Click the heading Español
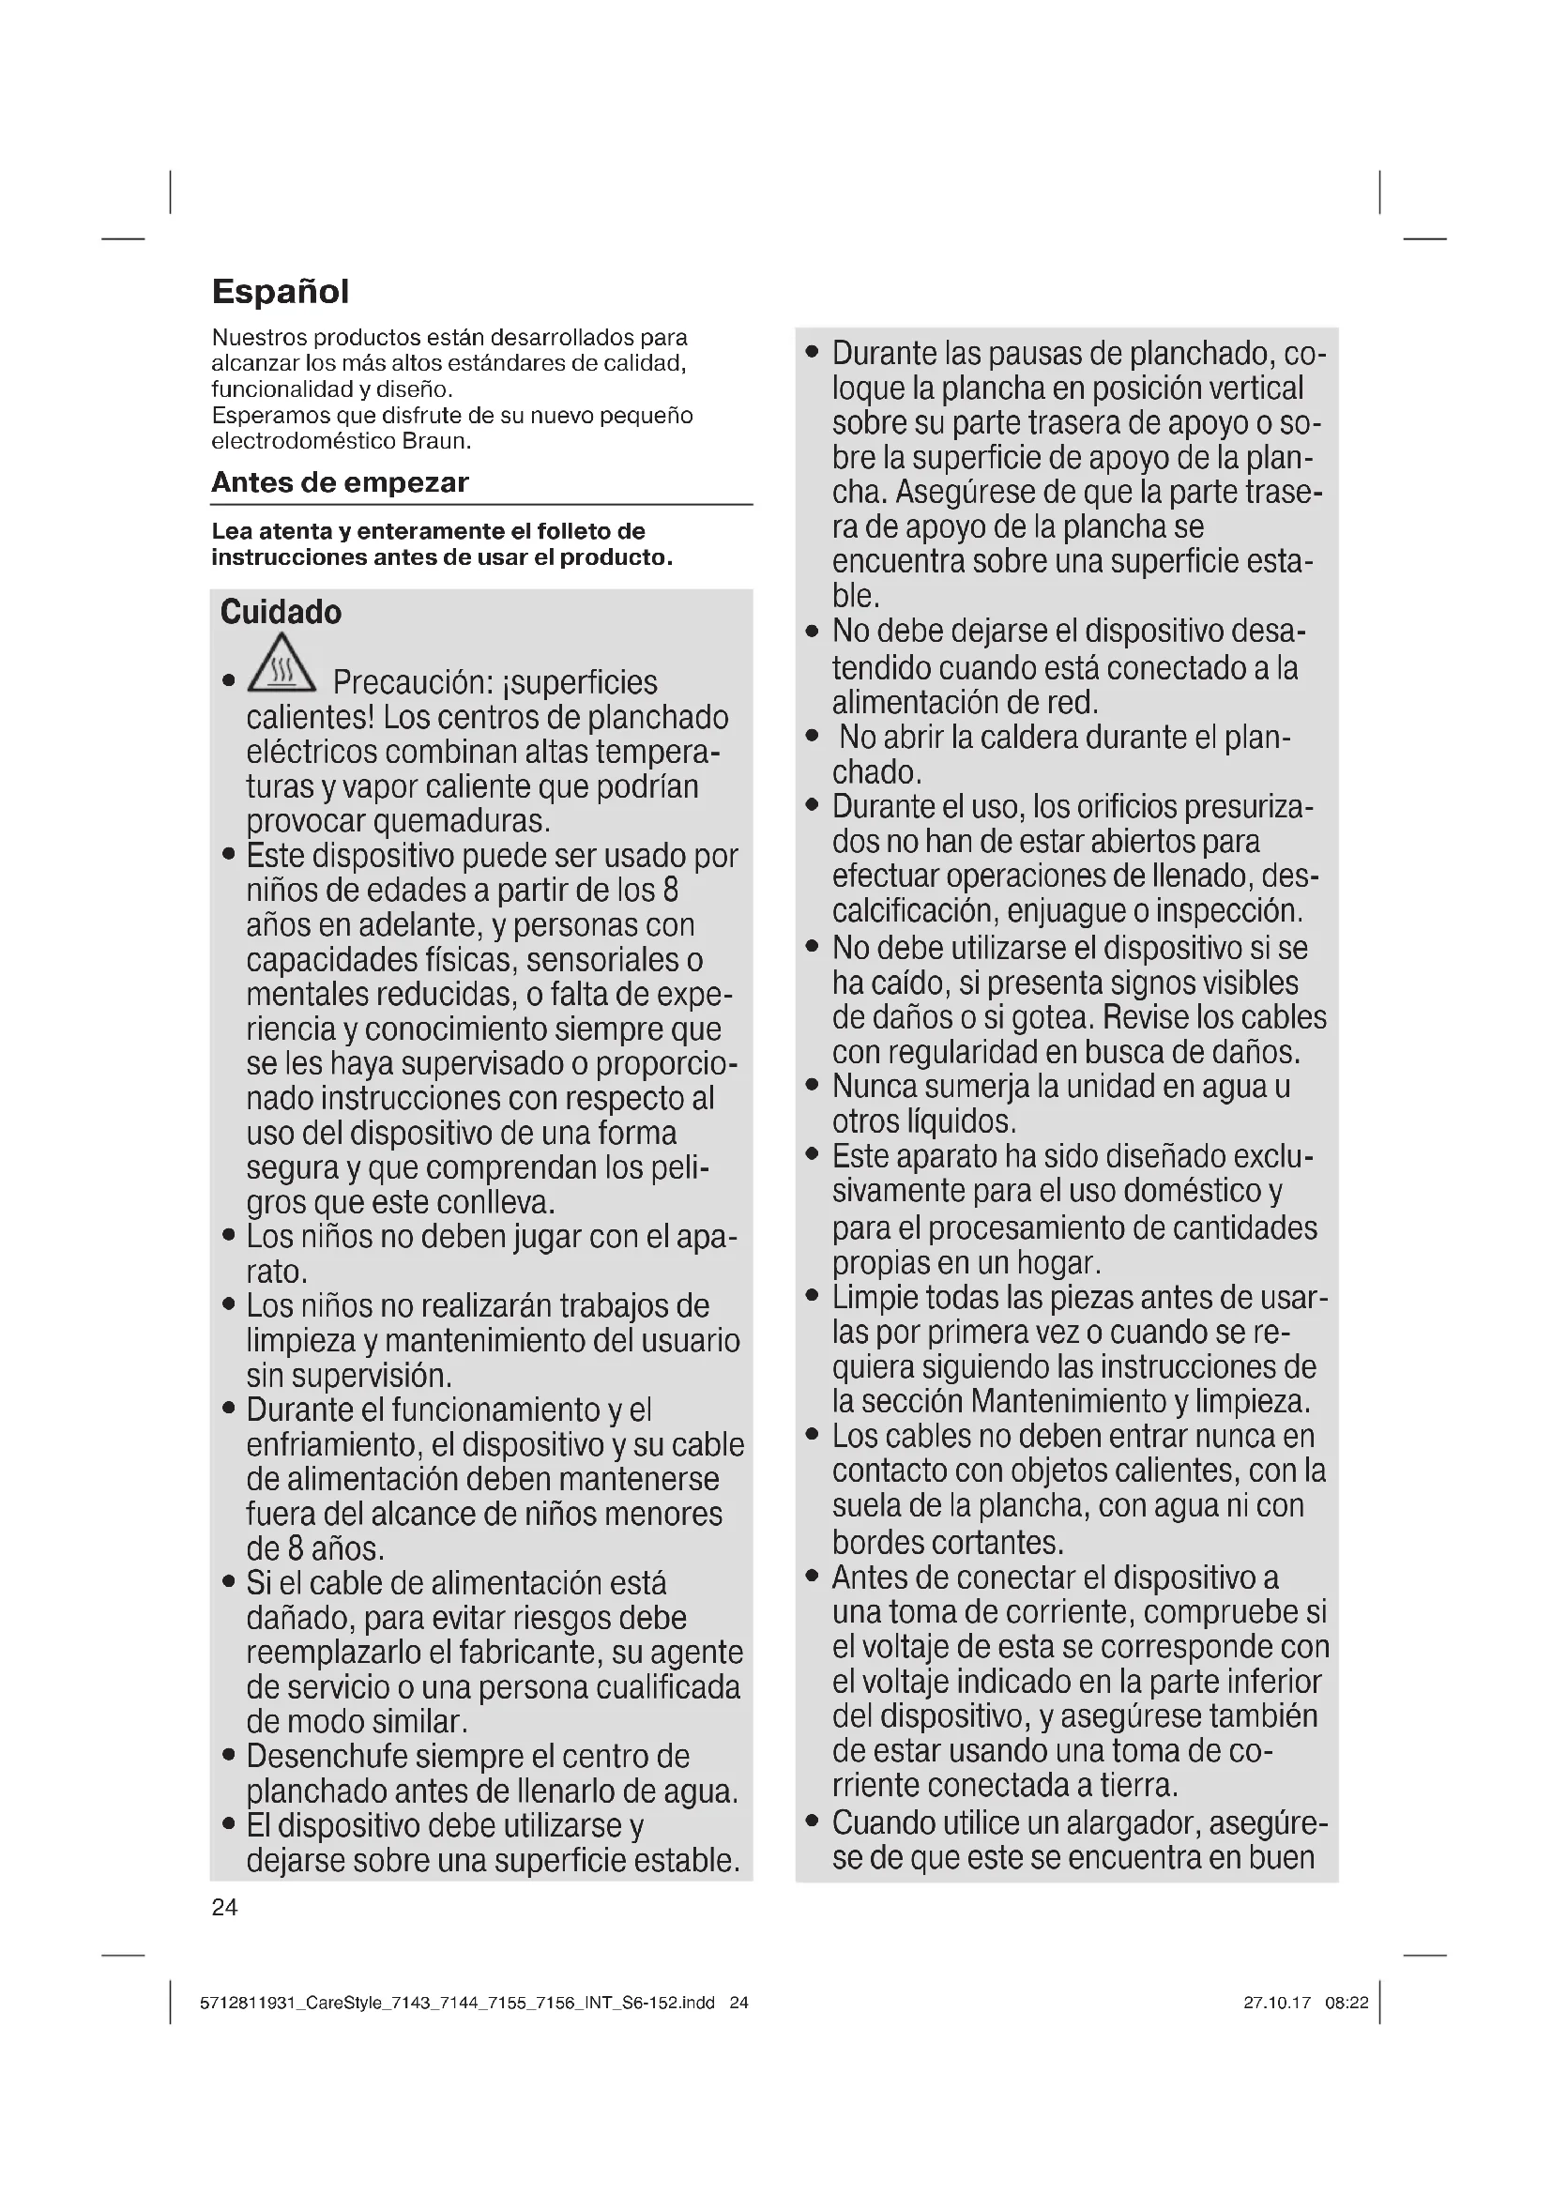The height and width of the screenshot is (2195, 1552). tap(280, 292)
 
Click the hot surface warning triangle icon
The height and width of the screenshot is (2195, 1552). tap(281, 663)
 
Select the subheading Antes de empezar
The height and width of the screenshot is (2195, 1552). tap(340, 482)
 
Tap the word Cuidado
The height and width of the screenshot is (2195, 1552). tap(280, 613)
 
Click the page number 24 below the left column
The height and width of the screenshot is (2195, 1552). tap(224, 1907)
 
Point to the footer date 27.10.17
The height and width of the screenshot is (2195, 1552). tap(1277, 2003)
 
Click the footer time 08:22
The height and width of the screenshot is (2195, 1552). tap(1347, 2003)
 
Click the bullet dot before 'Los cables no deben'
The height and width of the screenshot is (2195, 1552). tap(813, 1437)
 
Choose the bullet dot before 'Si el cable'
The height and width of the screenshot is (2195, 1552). tap(228, 1583)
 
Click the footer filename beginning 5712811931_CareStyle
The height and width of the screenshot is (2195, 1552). tap(457, 2003)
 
